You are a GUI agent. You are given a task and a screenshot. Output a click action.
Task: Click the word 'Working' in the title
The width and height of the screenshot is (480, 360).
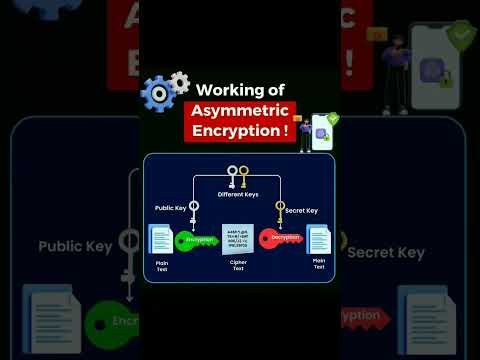tap(225, 89)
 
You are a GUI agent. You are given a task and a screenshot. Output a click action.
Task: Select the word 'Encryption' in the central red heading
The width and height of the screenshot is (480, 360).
tap(236, 131)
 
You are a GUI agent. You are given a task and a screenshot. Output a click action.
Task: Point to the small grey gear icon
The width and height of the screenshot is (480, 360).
tap(180, 81)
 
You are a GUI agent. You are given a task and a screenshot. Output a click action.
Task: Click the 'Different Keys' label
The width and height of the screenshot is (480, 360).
tap(237, 194)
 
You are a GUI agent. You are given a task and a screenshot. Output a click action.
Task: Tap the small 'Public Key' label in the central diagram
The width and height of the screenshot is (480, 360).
tap(170, 208)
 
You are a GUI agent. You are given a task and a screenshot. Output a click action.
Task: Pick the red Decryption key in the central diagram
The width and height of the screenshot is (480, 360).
tap(279, 240)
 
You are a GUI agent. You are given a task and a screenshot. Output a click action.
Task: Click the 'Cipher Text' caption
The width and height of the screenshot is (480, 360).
tap(238, 264)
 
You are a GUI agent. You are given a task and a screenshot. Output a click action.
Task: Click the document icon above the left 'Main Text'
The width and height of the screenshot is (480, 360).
tap(160, 240)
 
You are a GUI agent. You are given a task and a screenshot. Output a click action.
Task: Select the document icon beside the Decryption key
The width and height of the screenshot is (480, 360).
tap(318, 240)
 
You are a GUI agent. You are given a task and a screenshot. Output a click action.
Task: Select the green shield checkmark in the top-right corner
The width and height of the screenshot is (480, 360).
tap(460, 36)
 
